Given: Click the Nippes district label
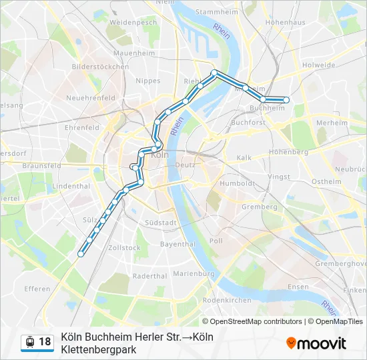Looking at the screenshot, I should point(148,80).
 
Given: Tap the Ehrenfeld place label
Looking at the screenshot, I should point(81,127).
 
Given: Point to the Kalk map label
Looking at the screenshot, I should point(244,157).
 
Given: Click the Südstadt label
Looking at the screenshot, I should point(161,223).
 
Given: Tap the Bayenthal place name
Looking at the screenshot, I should point(177,244).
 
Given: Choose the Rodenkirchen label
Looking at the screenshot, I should point(226,300).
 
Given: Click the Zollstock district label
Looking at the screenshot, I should point(124,247).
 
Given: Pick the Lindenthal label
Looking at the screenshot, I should point(70,185).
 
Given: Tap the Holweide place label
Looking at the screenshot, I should point(318,65).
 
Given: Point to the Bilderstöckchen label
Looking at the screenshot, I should point(100,67).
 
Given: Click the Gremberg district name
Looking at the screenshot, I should point(259,207).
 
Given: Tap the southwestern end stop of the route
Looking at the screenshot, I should point(81,253).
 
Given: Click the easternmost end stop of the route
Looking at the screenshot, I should point(286,100).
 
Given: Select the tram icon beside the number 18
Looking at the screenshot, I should point(29,342).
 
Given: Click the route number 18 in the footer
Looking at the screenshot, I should point(45,342).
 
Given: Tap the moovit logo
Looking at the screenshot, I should point(316,343).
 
